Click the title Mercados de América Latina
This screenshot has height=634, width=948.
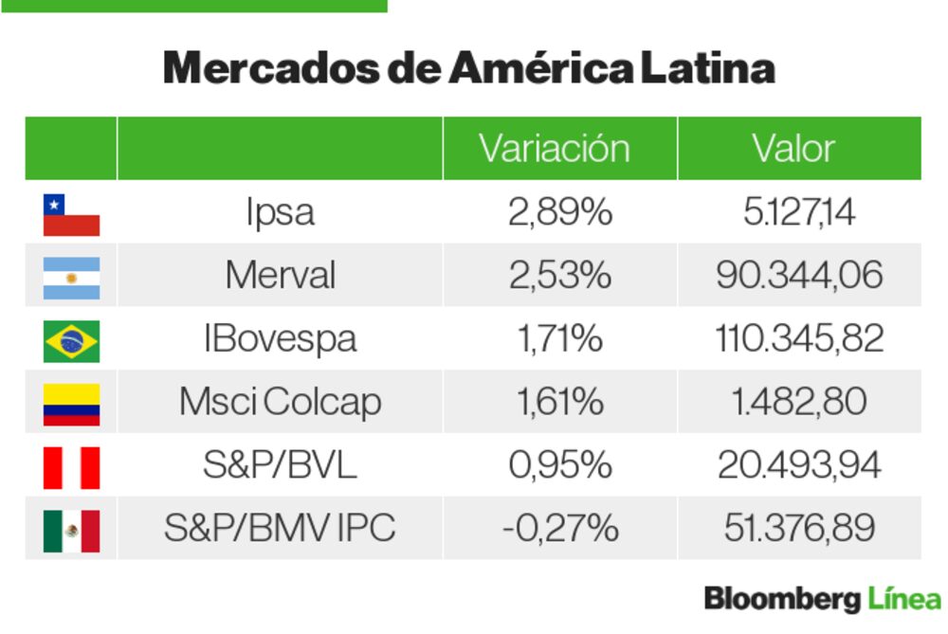tap(468, 68)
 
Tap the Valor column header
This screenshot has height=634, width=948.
tap(793, 149)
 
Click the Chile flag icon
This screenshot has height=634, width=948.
tap(71, 215)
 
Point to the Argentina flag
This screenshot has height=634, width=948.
tap(71, 278)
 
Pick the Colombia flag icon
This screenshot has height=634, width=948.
tap(71, 404)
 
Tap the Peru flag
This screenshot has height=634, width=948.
tap(71, 467)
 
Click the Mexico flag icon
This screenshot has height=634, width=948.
tap(71, 531)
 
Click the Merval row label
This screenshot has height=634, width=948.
tap(280, 276)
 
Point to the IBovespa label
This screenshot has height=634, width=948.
tap(280, 339)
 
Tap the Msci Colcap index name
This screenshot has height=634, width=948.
tap(280, 403)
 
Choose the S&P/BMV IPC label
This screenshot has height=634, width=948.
tap(280, 529)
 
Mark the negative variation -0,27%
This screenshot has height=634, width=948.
tap(559, 529)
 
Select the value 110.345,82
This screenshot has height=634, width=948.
tap(799, 339)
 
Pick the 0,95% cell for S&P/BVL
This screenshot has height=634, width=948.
tap(559, 465)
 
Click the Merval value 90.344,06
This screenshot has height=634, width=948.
tap(799, 276)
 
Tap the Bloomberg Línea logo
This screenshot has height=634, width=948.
tap(822, 599)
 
